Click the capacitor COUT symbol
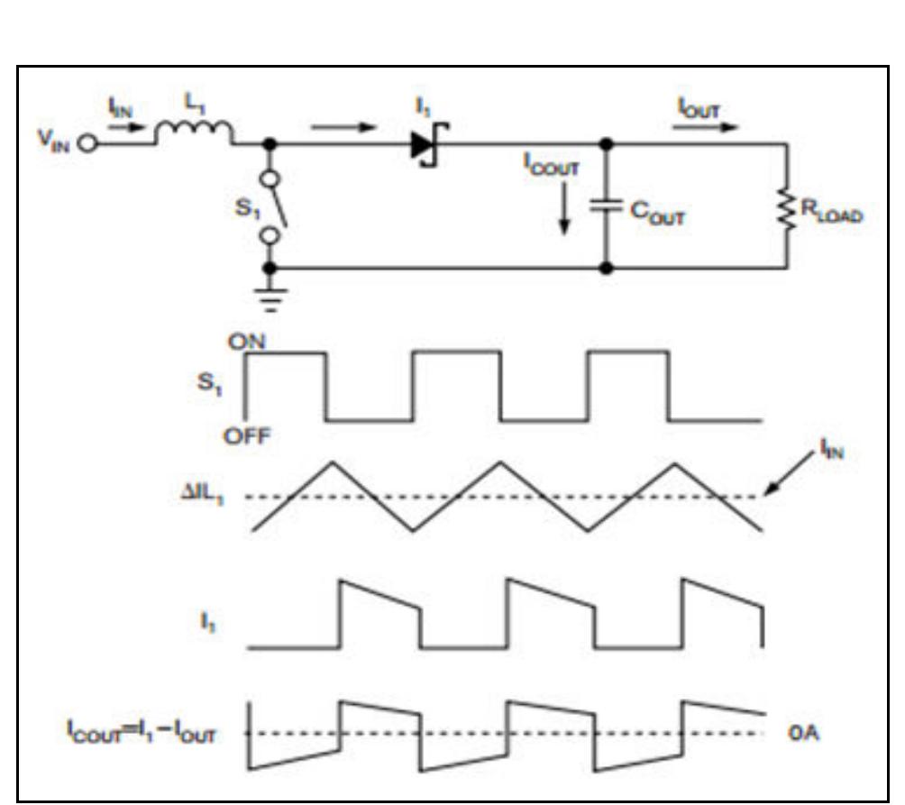(606, 206)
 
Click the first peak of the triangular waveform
(332, 462)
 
